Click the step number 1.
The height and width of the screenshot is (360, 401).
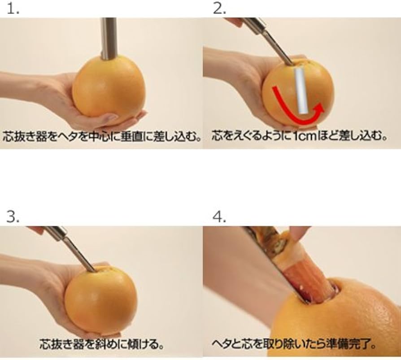click(x=12, y=9)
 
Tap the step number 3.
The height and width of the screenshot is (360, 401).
click(x=13, y=217)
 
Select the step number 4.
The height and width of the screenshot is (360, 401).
click(x=220, y=217)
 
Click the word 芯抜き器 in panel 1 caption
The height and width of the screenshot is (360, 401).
click(x=21, y=135)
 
